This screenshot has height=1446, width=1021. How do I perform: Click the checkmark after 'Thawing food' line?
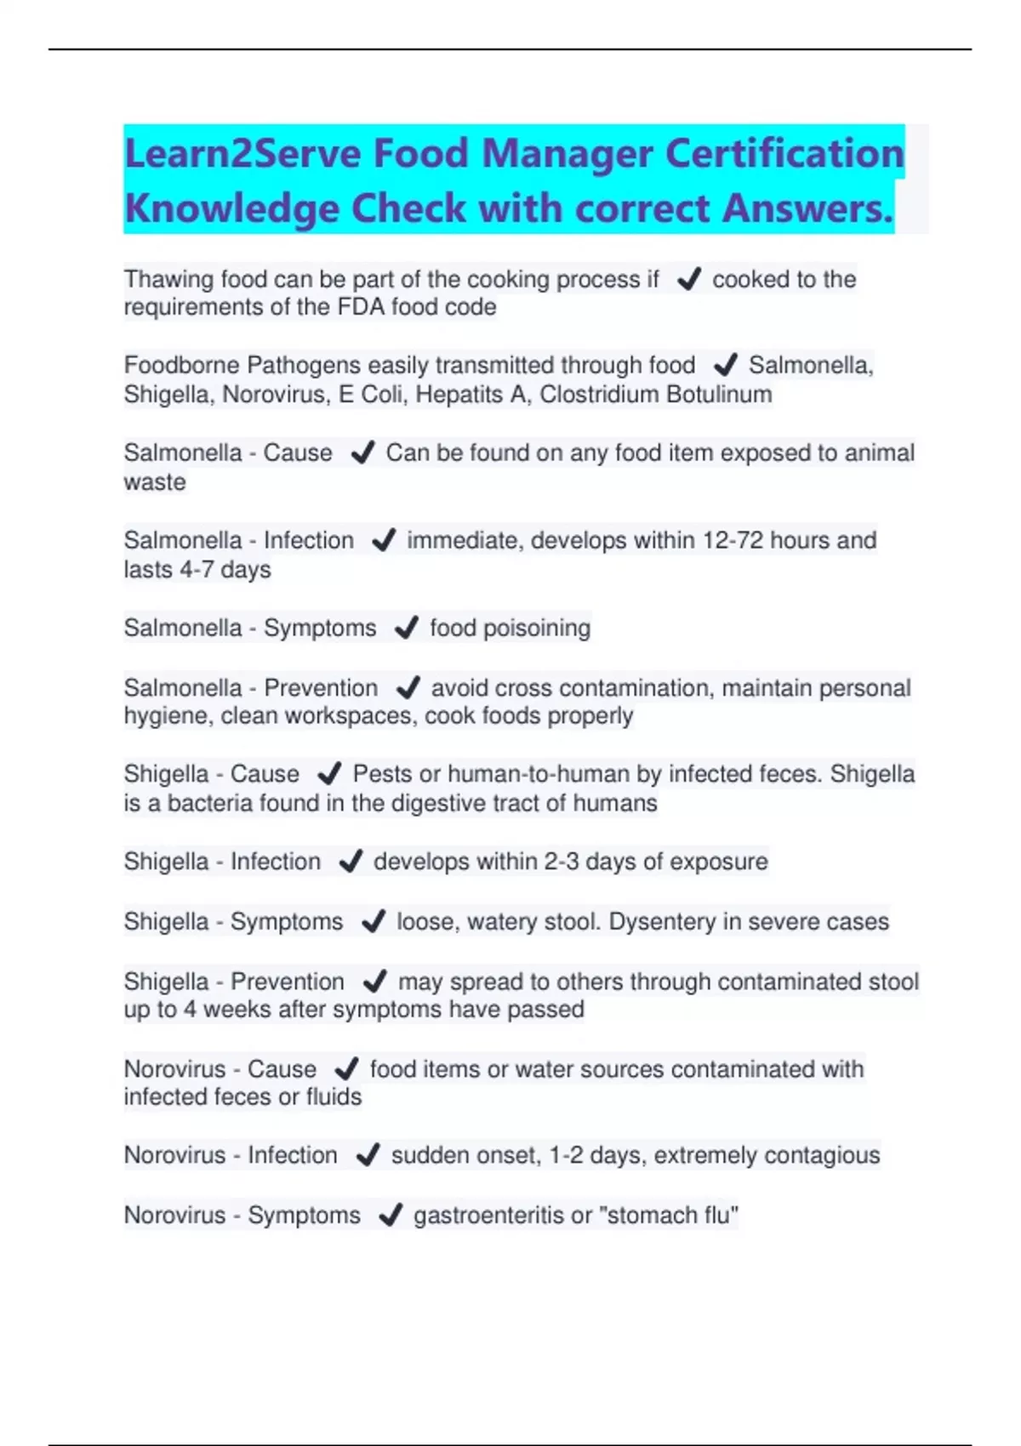(x=688, y=279)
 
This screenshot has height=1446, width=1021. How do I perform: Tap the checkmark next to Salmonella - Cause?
(x=362, y=453)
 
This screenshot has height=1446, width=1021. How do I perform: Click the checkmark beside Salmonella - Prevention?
(x=408, y=687)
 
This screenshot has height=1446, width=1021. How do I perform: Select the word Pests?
(x=383, y=774)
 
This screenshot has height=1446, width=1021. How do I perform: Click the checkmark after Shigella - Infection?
(x=351, y=862)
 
